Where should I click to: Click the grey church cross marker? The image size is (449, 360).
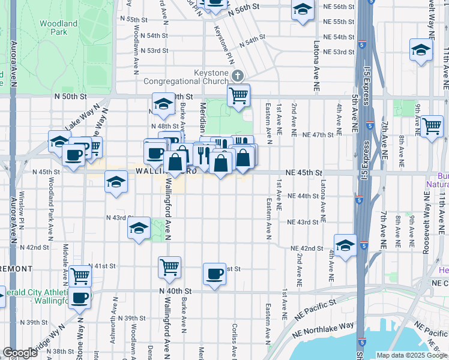[238, 76]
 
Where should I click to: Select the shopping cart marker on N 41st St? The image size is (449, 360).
[169, 266]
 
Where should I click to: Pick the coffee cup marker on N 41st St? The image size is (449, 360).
[214, 275]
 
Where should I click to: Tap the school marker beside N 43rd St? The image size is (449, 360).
[139, 229]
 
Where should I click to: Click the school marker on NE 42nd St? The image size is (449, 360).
[346, 245]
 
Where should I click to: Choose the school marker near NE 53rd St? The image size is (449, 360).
[421, 50]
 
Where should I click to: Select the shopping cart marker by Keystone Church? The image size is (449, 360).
[239, 95]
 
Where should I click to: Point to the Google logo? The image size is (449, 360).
[20, 353]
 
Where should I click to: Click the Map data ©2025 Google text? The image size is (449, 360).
[411, 355]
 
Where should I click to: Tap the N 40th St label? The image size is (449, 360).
[175, 290]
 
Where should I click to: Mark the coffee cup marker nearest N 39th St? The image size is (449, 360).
[79, 297]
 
